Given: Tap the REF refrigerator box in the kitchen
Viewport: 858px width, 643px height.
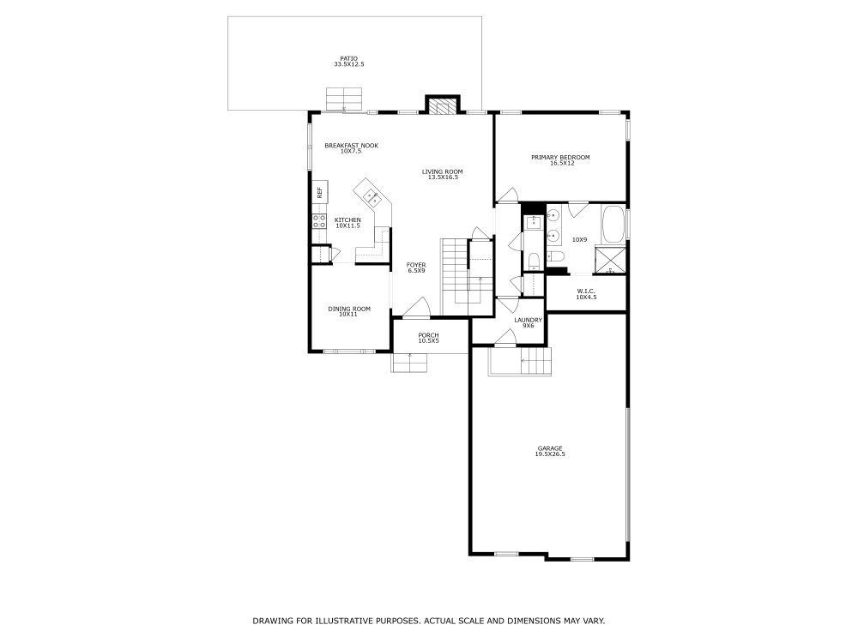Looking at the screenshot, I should (319, 193).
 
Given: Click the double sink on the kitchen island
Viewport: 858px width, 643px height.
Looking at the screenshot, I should (373, 197).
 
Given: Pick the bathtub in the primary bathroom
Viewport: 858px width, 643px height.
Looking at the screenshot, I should (613, 225).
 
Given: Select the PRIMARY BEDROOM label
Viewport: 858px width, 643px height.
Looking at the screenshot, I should (560, 157).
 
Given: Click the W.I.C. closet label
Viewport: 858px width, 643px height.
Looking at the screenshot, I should (586, 291).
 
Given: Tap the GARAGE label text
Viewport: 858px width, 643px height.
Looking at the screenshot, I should (550, 448).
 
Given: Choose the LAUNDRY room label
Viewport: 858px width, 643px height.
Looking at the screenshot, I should (529, 320).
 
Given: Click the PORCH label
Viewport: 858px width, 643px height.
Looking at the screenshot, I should (428, 334).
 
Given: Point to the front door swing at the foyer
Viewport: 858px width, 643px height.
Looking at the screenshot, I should (416, 309).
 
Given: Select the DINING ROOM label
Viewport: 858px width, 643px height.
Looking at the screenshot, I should (349, 309).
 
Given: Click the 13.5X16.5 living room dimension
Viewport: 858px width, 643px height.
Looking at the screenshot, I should (443, 177).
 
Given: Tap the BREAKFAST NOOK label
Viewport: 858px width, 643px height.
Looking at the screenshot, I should (351, 145).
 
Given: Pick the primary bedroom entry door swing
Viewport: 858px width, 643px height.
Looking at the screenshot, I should (507, 195).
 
